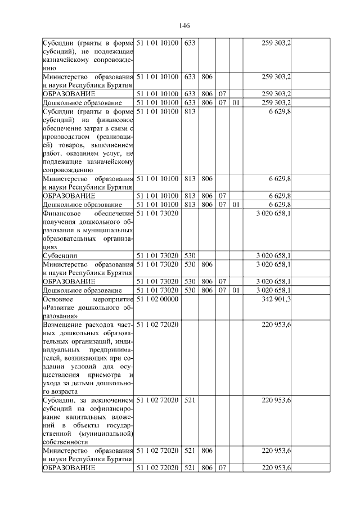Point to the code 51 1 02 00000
click(157, 299)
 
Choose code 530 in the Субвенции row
click(190, 255)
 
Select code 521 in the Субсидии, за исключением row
click(190, 400)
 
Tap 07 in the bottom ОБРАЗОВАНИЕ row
click(222, 468)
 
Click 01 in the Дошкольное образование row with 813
click(236, 204)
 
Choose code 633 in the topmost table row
click(190, 43)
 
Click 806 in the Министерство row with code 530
click(206, 264)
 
